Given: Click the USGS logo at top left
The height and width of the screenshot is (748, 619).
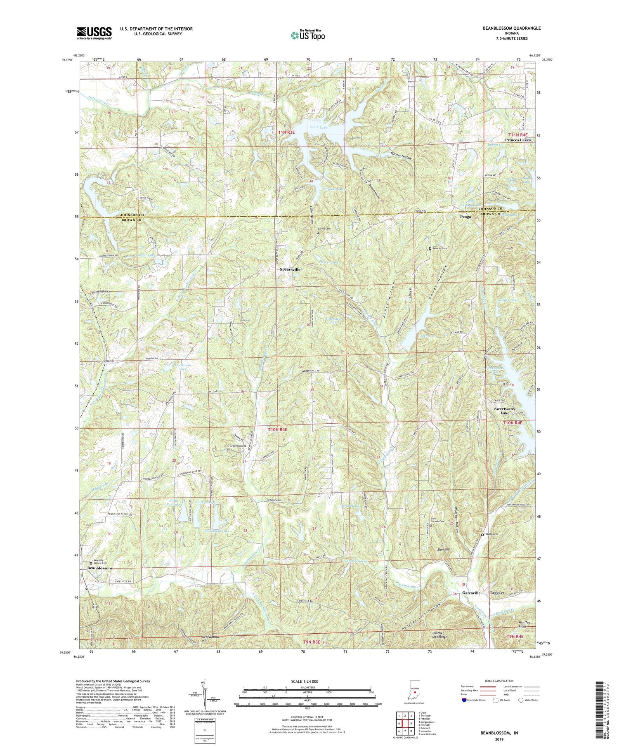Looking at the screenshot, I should coord(94,33).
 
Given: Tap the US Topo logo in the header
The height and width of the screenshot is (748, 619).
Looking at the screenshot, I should coord(307,35).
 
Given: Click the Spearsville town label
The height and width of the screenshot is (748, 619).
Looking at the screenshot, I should coord(288,269).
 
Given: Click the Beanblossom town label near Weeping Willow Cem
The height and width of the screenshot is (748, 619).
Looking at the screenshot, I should coord(99,568).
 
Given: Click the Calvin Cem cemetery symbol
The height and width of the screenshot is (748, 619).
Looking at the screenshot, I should coord(317,233).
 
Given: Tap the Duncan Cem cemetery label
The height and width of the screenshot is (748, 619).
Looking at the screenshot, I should coord(439,248).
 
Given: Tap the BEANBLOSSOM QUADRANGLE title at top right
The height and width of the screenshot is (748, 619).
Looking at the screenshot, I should coord(506,28).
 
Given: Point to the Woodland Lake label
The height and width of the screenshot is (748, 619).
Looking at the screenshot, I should coord(217,531).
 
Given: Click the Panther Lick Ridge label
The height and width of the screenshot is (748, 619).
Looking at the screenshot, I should coord(437,635).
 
